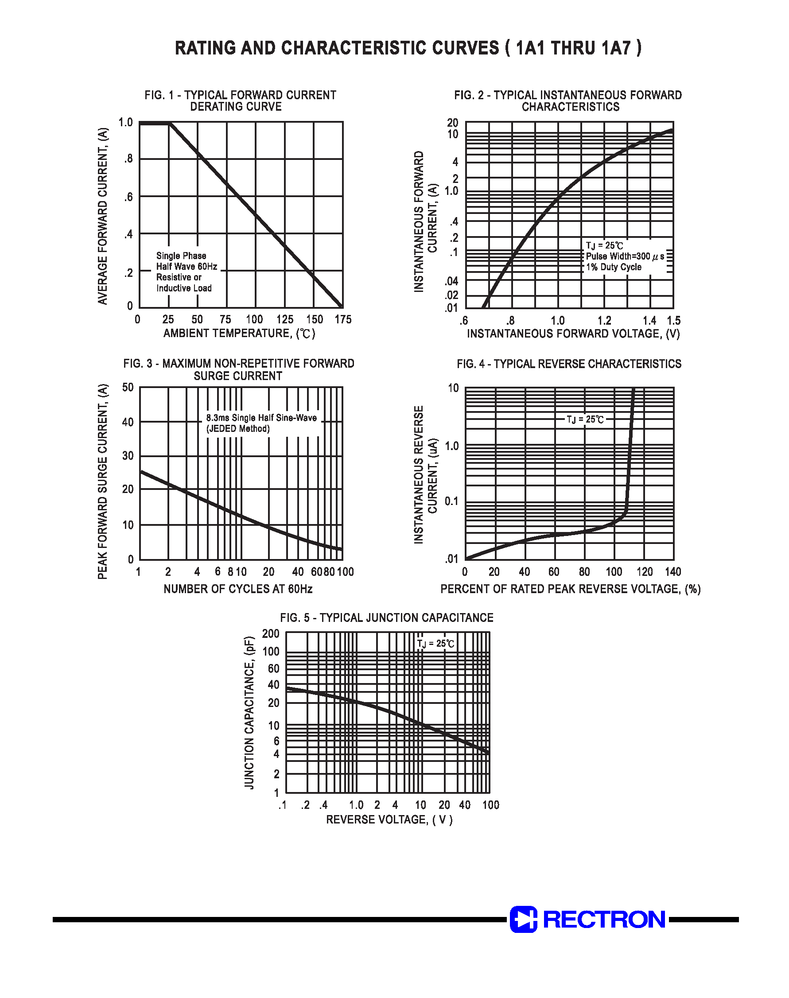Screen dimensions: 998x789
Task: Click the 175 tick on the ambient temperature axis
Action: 343,319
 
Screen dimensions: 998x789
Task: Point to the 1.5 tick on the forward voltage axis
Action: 673,321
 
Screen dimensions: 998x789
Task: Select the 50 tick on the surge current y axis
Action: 128,387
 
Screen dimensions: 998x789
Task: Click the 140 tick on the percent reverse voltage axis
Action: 673,572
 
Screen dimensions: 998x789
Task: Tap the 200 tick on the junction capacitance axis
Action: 271,633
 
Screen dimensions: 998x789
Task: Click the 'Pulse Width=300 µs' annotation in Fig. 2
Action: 625,256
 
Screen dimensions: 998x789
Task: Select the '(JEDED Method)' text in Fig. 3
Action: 238,429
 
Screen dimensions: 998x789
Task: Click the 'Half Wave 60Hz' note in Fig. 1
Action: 187,267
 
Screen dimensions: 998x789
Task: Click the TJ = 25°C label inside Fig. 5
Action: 435,644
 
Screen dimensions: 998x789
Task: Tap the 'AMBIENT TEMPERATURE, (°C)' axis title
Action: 239,334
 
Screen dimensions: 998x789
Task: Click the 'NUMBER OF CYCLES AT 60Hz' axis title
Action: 238,589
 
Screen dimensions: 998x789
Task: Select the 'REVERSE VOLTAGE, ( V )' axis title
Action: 389,819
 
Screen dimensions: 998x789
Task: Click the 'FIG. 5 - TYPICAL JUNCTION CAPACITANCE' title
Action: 387,617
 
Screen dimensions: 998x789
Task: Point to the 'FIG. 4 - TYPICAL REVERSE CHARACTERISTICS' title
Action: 569,364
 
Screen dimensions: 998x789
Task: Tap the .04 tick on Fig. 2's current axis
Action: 451,281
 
